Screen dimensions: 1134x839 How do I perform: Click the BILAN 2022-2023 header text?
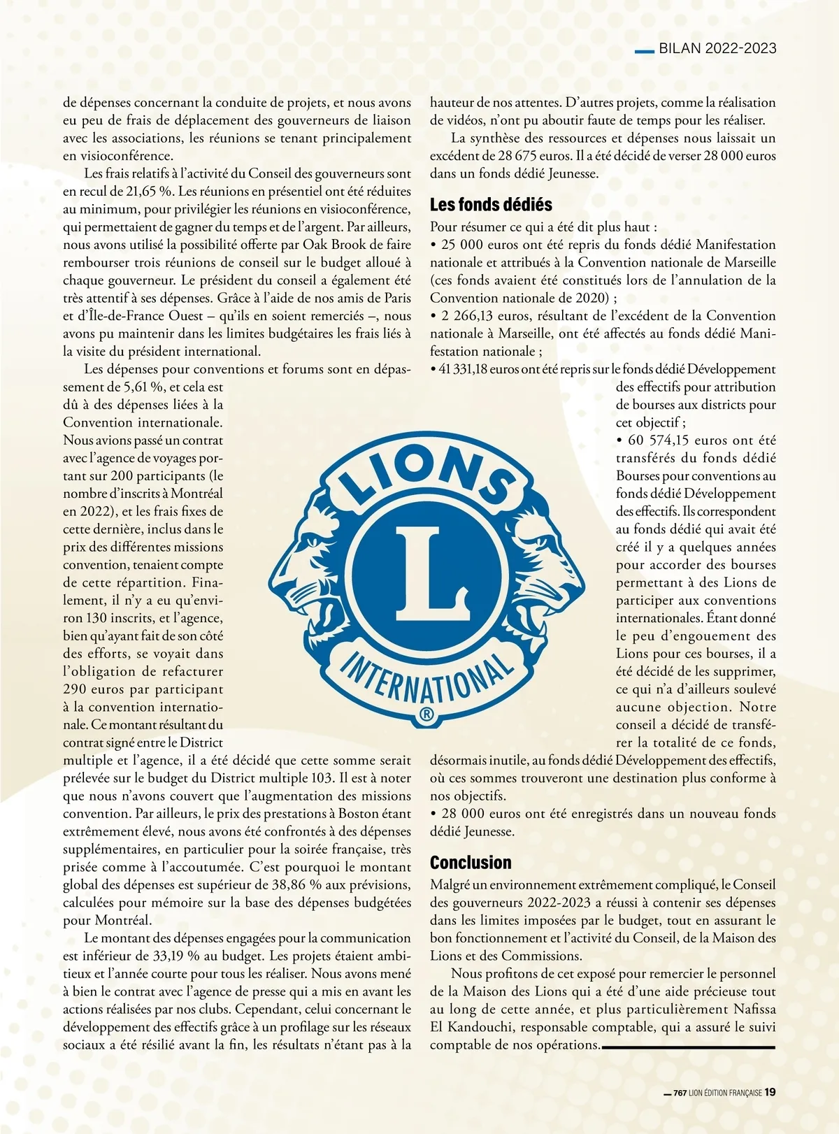tap(717, 48)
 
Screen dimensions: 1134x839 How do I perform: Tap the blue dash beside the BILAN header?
tap(643, 50)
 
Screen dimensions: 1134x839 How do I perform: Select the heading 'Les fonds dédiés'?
tap(491, 205)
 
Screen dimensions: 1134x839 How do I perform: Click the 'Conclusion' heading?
tap(471, 862)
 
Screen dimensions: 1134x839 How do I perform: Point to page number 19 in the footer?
tap(770, 1092)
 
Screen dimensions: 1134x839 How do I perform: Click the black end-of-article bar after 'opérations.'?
tap(688, 1047)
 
